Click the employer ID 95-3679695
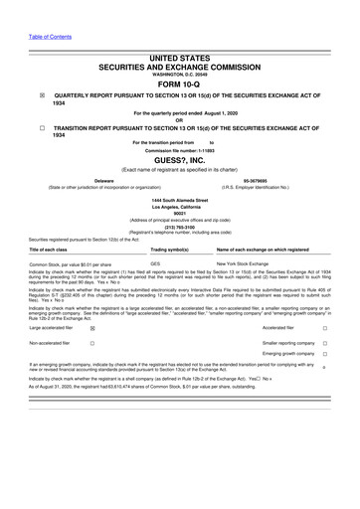pyautogui.click(x=256, y=181)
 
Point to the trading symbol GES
pyautogui.click(x=155, y=263)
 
